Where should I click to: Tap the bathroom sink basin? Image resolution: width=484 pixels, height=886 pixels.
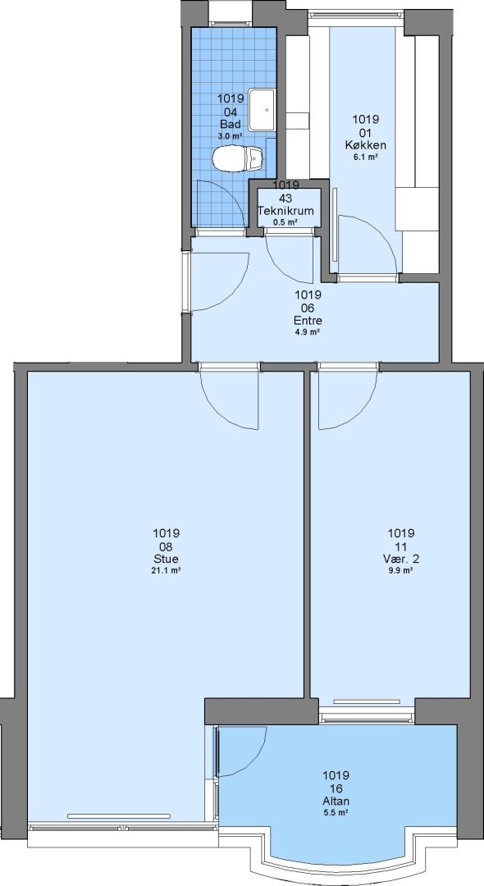point(262,110)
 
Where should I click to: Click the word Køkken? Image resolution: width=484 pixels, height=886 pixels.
point(365,145)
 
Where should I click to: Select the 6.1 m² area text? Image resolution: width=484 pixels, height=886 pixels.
point(365,158)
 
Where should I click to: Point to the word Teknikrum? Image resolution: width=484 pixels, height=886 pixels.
point(285,211)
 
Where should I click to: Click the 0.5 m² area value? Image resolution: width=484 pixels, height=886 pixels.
point(285,222)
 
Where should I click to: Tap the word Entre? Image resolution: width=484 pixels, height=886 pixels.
point(308,321)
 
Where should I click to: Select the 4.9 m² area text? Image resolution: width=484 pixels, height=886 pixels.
point(308,332)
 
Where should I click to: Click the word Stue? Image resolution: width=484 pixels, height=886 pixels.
point(166,559)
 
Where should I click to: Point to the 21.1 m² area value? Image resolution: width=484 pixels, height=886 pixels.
point(166,571)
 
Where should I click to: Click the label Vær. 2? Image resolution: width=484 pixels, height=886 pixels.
point(401,559)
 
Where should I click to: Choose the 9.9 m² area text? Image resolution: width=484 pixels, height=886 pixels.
point(401,571)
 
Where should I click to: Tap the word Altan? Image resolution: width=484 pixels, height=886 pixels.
point(336,802)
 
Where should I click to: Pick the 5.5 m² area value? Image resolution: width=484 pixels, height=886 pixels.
point(336,813)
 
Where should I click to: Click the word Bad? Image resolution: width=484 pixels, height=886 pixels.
point(231,124)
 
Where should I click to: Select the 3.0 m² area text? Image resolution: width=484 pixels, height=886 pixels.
point(231,135)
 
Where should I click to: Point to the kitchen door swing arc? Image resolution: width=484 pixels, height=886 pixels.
point(379,233)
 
